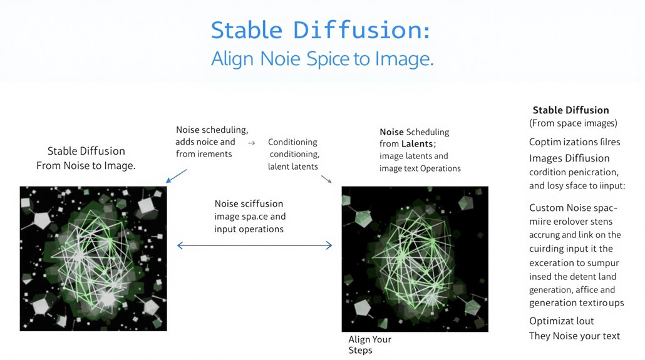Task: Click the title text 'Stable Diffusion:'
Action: [321, 30]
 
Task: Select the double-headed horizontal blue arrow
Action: [254, 246]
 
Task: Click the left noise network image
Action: [93, 258]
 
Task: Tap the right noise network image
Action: [415, 259]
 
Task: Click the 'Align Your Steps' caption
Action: [369, 344]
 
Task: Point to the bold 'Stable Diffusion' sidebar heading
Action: [570, 110]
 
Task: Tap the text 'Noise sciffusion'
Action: [249, 204]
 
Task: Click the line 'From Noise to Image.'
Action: [86, 166]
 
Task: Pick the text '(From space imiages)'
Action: [573, 123]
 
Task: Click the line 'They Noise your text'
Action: [574, 336]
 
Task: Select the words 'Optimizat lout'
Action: [561, 321]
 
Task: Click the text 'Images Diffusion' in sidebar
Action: [569, 158]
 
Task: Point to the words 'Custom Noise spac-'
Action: [573, 208]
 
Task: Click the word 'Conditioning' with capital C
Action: [292, 142]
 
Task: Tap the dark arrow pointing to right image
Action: [326, 180]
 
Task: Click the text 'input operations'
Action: [249, 229]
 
